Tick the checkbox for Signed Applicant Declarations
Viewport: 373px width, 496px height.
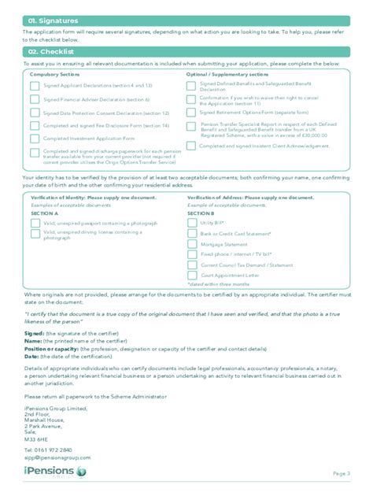tap(34, 85)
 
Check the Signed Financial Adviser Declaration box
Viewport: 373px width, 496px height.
tap(34, 100)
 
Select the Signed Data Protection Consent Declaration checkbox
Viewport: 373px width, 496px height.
tap(34, 113)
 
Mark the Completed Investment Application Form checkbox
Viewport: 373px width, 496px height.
tap(34, 138)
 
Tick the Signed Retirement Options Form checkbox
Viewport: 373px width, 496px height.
tap(191, 113)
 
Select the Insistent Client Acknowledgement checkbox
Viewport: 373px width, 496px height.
tap(191, 146)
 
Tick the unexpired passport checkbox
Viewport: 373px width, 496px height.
tap(35, 223)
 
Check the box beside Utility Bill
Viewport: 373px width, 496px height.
tap(192, 223)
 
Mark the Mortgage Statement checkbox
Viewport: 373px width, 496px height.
tap(192, 244)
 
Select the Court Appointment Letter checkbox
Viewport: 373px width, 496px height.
tap(192, 276)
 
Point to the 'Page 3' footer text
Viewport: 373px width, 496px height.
tap(342, 473)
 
